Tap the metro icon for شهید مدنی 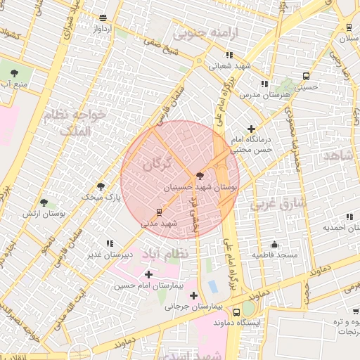(159, 211)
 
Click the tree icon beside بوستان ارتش (44, 202)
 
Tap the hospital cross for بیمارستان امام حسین (148, 274)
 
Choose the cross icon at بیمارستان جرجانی (193, 295)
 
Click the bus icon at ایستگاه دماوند (236, 311)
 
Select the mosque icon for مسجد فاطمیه (274, 244)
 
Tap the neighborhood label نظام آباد (166, 253)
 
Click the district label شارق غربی (275, 204)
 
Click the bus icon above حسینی (305, 76)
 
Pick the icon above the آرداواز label (103, 18)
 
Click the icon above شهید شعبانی (229, 55)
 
